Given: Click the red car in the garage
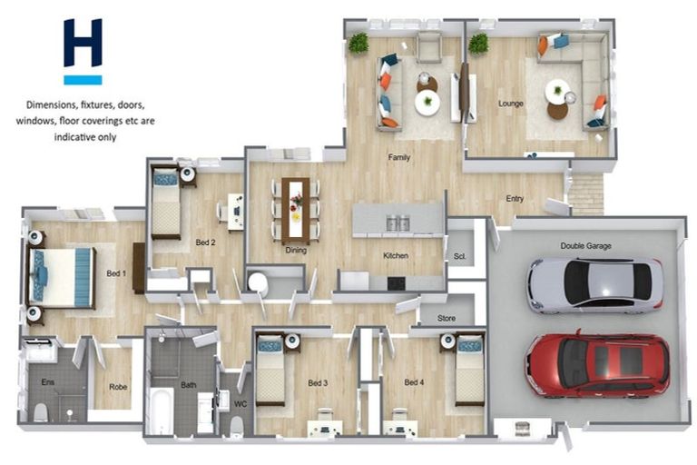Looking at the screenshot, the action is pos(597,365).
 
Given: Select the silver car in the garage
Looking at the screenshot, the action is pos(595,284).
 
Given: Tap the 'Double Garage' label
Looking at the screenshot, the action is pos(585,245).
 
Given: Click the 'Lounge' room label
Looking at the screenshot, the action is pos(510,104).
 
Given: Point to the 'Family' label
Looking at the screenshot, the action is pos(398,157).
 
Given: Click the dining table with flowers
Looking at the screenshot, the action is pos(296,211).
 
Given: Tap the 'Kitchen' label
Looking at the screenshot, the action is pos(396,255).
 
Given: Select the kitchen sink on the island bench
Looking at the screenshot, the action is pos(398,223).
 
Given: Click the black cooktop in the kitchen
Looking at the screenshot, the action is pos(396,283).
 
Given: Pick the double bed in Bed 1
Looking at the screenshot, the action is pos(62,277).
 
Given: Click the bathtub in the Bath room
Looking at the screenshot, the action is pos(162,411).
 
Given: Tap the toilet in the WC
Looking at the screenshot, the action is pos(237,426).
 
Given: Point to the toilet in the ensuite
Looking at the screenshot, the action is pos(41,412).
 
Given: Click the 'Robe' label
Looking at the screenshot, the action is pos(118,387).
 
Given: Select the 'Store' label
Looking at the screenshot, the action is pos(447,318).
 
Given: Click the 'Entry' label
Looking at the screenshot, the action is pos(515,199).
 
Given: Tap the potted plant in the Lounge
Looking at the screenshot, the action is pos(478,44).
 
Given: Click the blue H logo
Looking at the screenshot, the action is pos(83,51).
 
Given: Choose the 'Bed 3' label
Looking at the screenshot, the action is pos(318,382).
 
